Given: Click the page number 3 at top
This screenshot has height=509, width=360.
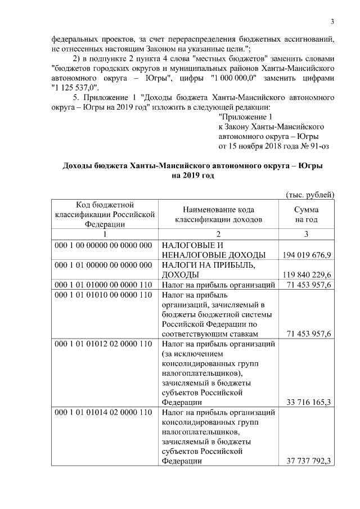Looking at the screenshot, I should [x=332, y=22].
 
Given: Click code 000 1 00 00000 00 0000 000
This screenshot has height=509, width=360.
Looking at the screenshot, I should [x=103, y=246].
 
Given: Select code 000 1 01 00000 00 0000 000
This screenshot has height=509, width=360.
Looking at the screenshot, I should [x=103, y=265].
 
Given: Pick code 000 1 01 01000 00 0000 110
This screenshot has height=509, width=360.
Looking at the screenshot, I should [x=103, y=285].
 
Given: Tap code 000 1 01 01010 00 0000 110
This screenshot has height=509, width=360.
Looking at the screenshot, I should [x=103, y=295].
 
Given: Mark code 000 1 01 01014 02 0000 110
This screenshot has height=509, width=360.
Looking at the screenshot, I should [x=103, y=413].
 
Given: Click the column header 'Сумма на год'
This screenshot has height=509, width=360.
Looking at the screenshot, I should [x=307, y=214].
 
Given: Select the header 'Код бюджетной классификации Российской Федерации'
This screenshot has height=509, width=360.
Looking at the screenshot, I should [x=104, y=214].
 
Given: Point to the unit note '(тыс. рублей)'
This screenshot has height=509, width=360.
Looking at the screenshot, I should [x=310, y=195].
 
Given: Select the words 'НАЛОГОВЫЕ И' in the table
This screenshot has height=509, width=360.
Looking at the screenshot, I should [x=193, y=246].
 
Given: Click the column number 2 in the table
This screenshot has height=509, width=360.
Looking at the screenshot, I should [x=219, y=234].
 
